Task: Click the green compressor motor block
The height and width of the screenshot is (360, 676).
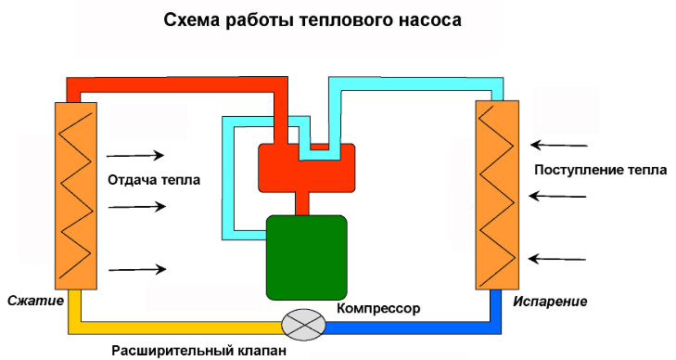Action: coord(306,257)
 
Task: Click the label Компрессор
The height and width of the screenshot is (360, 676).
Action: coord(378,307)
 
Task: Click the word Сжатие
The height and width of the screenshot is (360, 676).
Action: coord(35,302)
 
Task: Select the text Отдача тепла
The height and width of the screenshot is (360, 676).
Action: coord(154,179)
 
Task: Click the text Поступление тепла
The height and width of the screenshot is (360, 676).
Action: coord(600,171)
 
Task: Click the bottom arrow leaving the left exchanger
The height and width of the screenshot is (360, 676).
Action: coord(136,269)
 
